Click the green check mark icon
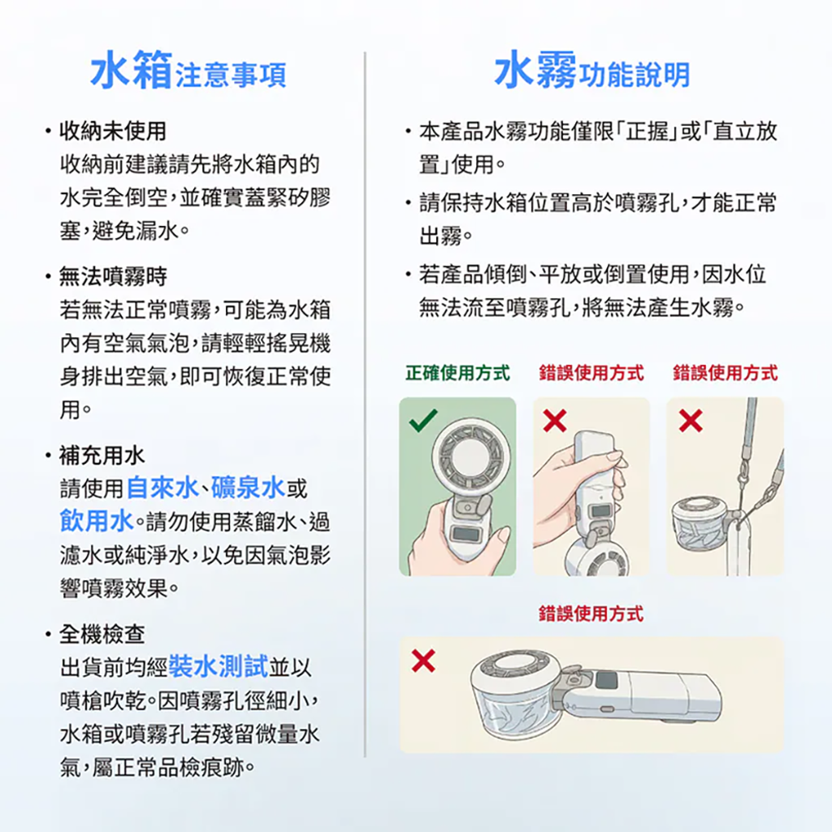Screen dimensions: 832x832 [x=423, y=420]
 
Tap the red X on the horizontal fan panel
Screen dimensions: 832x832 [x=423, y=661]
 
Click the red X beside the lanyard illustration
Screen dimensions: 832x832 [x=691, y=421]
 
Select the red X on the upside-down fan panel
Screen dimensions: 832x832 [x=555, y=421]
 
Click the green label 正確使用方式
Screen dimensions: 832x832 [x=457, y=373]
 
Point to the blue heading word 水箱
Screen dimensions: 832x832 [x=132, y=70]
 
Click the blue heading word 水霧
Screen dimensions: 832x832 [x=535, y=70]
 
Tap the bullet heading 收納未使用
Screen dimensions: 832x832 [x=113, y=131]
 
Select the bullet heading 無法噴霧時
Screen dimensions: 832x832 [x=113, y=276]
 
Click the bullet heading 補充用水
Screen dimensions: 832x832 [x=102, y=455]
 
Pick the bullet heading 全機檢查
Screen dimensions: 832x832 [x=102, y=634]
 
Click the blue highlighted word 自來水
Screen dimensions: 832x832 [x=162, y=487]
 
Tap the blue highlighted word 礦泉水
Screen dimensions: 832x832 [x=248, y=487]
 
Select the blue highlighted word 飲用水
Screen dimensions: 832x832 [x=96, y=521]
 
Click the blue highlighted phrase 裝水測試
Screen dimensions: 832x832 [x=218, y=667]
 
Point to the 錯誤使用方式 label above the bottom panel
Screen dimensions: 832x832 [x=591, y=614]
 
